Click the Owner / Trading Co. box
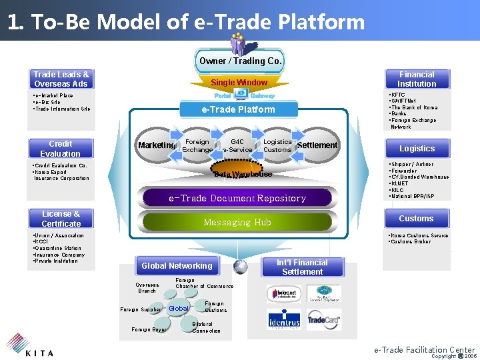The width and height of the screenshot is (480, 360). tap(240, 61)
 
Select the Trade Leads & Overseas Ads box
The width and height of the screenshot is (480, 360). tap(61, 79)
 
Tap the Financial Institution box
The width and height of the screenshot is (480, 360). tap(417, 79)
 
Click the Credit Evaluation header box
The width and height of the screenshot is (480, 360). tap(61, 149)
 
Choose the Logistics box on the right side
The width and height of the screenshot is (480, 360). tap(417, 149)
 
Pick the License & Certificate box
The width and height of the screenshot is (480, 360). tap(61, 219)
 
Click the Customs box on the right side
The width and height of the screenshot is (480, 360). tap(416, 219)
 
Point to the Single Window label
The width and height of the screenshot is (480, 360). tap(239, 83)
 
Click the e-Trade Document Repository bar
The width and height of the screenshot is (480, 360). tap(237, 198)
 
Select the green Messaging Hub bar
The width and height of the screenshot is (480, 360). tap(237, 222)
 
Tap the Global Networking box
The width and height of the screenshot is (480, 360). tap(177, 265)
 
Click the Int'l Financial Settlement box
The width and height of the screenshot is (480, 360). tap(303, 267)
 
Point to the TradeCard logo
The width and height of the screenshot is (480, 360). tap(324, 319)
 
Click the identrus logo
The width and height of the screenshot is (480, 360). tap(285, 320)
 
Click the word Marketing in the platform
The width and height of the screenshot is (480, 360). tap(157, 145)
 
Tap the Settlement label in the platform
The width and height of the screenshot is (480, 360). tap(317, 145)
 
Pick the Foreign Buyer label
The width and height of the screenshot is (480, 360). tap(149, 329)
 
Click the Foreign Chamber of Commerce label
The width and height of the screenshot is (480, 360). tap(204, 283)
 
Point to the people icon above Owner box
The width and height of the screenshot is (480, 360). tap(238, 43)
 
